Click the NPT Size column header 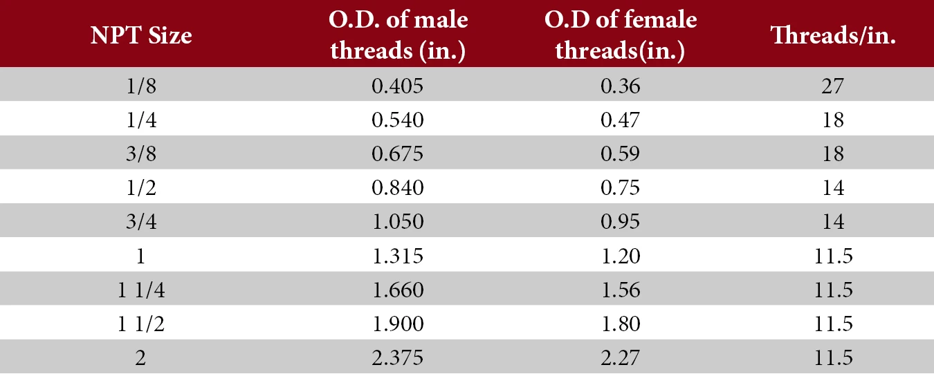pos(141,35)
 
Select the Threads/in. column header pos(833,35)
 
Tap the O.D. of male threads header pos(398,36)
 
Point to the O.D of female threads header pos(621,36)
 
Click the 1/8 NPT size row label pos(141,86)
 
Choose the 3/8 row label pos(141,153)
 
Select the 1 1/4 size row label pos(141,290)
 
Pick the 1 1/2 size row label pos(141,324)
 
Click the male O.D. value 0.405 pos(397,86)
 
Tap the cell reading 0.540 pos(397,120)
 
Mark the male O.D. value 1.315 pos(397,256)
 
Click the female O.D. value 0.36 pos(620,86)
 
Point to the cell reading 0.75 pos(620,188)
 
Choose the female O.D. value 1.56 pos(621,290)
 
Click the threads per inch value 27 pos(833,86)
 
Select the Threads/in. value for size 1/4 pos(833,120)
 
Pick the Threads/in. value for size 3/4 pos(833,222)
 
